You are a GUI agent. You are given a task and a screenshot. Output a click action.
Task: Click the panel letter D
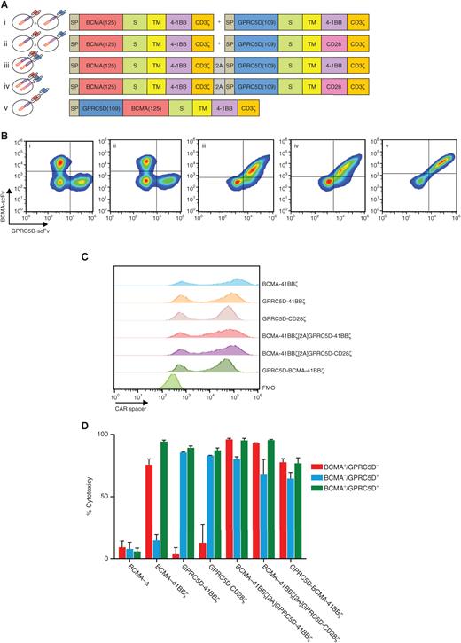click(x=5, y=424)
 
